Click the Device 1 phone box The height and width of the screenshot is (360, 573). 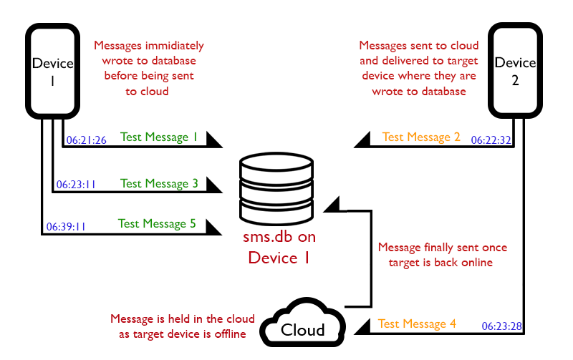tap(52, 70)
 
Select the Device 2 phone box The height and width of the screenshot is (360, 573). tap(515, 70)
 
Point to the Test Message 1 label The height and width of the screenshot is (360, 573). tap(159, 137)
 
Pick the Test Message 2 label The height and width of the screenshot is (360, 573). tap(421, 137)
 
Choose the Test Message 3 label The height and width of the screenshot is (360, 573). tap(159, 183)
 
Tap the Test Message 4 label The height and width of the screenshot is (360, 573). tap(417, 323)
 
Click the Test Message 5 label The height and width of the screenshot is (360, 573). tap(157, 223)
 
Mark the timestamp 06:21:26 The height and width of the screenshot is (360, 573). tap(86, 140)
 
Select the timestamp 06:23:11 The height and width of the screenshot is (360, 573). tap(76, 185)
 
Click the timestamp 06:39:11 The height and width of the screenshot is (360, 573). tap(66, 226)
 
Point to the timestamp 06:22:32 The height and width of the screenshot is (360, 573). tap(491, 140)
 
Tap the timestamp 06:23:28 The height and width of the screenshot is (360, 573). tap(501, 326)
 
